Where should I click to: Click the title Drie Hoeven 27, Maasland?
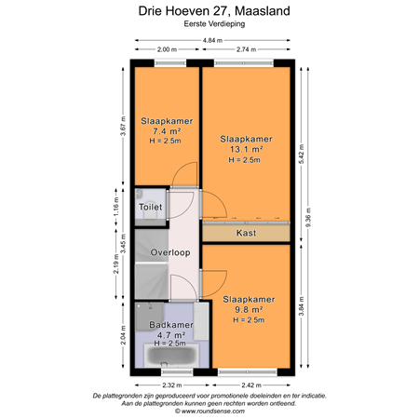pyautogui.click(x=209, y=11)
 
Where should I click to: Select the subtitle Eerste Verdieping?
pyautogui.click(x=209, y=25)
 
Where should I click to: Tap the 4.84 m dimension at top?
pyautogui.click(x=212, y=40)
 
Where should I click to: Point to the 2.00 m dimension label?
pyautogui.click(x=167, y=50)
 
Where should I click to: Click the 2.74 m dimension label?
pyautogui.click(x=246, y=50)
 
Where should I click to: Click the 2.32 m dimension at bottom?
pyautogui.click(x=169, y=384)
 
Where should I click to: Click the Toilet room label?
pyautogui.click(x=150, y=207)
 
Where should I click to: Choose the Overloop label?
pyautogui.click(x=172, y=251)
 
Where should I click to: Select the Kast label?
pyautogui.click(x=246, y=234)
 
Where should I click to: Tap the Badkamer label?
pyautogui.click(x=169, y=325)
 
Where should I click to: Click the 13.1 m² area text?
pyautogui.click(x=246, y=149)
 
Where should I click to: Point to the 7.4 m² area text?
pyautogui.click(x=166, y=132)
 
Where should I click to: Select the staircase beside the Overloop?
pyautogui.click(x=149, y=276)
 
